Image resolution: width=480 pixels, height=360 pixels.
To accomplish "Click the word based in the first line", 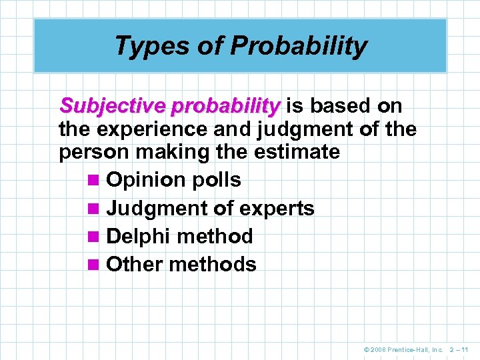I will tap(341, 106).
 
